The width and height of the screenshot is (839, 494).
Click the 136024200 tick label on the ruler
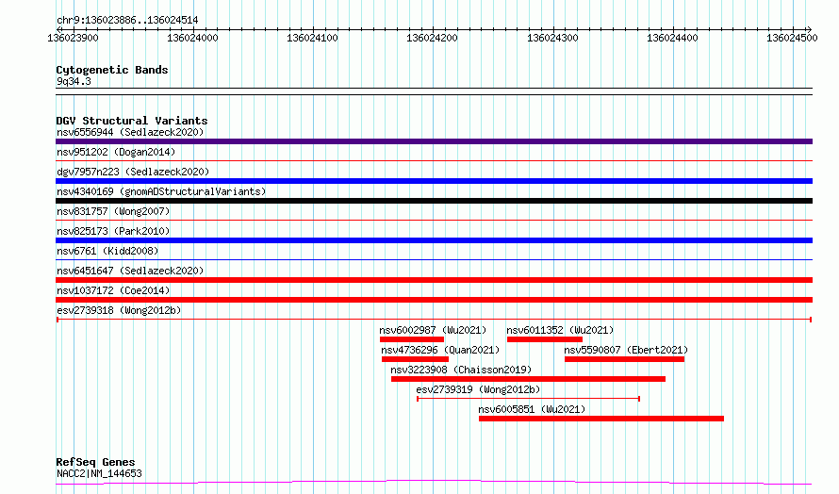point(432,39)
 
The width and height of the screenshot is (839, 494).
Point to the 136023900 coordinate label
point(73,39)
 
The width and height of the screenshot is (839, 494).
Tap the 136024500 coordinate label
point(792,39)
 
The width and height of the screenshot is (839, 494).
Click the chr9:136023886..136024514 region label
point(127,21)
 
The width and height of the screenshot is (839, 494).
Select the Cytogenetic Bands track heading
point(112,70)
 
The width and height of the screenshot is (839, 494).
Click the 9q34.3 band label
point(74,82)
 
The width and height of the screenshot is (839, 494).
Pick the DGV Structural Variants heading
point(132,121)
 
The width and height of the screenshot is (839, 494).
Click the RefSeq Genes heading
point(95,462)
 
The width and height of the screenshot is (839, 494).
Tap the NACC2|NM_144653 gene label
point(99,473)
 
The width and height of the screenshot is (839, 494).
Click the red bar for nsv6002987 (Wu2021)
point(411,339)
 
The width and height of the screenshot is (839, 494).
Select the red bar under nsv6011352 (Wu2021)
point(544,339)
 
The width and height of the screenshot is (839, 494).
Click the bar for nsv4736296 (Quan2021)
point(415,359)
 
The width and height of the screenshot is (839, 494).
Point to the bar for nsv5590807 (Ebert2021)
point(624,359)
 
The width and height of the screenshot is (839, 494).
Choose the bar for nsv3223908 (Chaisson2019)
point(528,379)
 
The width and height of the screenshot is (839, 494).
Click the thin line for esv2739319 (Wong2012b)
point(528,399)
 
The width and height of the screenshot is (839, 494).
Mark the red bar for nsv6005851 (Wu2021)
point(600,419)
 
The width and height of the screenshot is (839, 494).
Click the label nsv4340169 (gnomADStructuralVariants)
point(161,191)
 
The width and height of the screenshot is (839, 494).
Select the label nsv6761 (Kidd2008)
point(107,251)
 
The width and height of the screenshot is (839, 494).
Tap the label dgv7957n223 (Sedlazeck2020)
point(133,172)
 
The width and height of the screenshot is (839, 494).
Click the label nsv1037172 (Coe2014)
point(113,290)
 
